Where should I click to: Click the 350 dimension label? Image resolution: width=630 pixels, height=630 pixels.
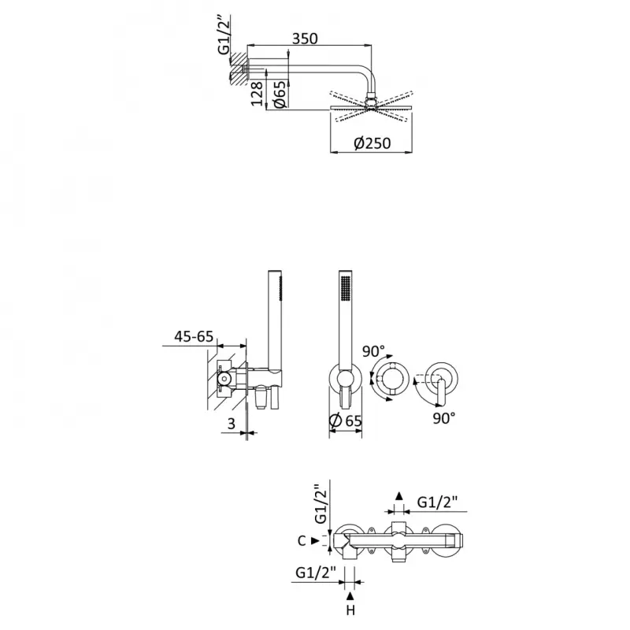[305, 39]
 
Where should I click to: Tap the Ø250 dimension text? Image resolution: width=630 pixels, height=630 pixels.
[372, 143]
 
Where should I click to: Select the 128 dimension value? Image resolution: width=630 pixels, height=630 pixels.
[258, 94]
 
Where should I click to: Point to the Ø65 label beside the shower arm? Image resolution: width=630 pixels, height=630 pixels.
[280, 94]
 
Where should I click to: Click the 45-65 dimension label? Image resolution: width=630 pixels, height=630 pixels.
[194, 336]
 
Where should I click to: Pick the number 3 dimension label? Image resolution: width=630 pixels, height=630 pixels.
[232, 424]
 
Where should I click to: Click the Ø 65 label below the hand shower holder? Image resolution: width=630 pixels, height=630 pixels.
[345, 421]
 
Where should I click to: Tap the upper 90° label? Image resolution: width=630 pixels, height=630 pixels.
[373, 350]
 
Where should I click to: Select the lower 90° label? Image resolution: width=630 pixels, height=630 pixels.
[444, 418]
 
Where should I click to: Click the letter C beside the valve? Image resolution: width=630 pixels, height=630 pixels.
[302, 541]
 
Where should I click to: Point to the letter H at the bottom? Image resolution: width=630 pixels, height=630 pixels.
[350, 610]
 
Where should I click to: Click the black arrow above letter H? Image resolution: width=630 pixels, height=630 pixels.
[350, 596]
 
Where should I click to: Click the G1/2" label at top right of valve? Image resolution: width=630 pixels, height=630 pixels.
[438, 502]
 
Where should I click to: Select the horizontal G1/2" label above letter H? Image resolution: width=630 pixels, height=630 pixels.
[316, 573]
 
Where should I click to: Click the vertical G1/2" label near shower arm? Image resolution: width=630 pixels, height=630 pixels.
[224, 35]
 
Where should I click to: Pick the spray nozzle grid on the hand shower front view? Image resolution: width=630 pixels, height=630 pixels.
[345, 287]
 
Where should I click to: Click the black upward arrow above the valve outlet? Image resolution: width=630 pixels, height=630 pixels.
[399, 496]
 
